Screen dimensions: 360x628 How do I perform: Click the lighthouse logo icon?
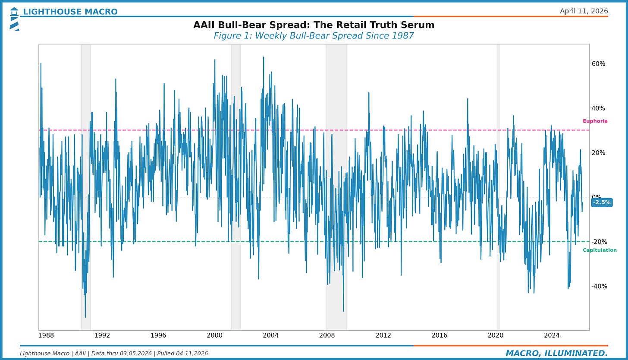click(14, 19)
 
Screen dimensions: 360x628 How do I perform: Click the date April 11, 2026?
click(584, 11)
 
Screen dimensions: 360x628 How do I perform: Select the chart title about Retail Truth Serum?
click(314, 25)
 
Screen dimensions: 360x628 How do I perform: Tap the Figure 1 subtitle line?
click(314, 36)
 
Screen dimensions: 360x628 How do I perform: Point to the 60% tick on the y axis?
click(598, 64)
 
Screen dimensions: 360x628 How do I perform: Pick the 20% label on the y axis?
click(598, 153)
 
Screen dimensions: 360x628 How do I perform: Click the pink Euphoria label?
click(595, 121)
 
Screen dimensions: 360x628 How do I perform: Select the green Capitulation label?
click(600, 250)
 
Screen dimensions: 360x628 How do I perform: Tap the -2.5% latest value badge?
click(602, 202)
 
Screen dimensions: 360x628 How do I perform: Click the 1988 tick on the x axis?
click(46, 335)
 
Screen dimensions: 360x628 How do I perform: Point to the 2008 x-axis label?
click(327, 335)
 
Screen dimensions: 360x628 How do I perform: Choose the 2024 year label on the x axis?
click(552, 335)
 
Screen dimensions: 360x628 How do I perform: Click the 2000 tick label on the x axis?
click(214, 335)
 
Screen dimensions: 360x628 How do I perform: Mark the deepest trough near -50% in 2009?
click(343, 311)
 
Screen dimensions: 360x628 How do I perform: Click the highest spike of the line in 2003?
click(263, 57)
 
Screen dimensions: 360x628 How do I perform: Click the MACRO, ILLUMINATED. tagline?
click(556, 354)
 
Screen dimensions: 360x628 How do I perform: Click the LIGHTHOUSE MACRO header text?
click(70, 12)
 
